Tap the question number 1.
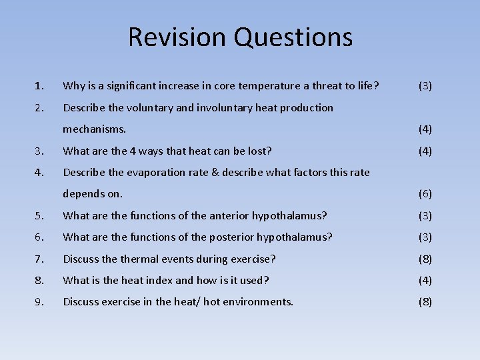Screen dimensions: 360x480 tap(39, 86)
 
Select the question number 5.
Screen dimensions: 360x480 tap(39, 215)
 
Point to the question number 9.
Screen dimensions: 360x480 tap(39, 302)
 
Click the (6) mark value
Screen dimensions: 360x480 tap(425, 194)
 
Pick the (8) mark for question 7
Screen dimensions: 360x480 tap(425, 259)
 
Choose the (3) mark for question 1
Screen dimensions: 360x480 tap(425, 86)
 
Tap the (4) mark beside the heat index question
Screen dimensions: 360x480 tap(425, 281)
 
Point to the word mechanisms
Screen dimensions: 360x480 tap(94, 129)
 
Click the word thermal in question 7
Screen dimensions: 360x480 tap(137, 259)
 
